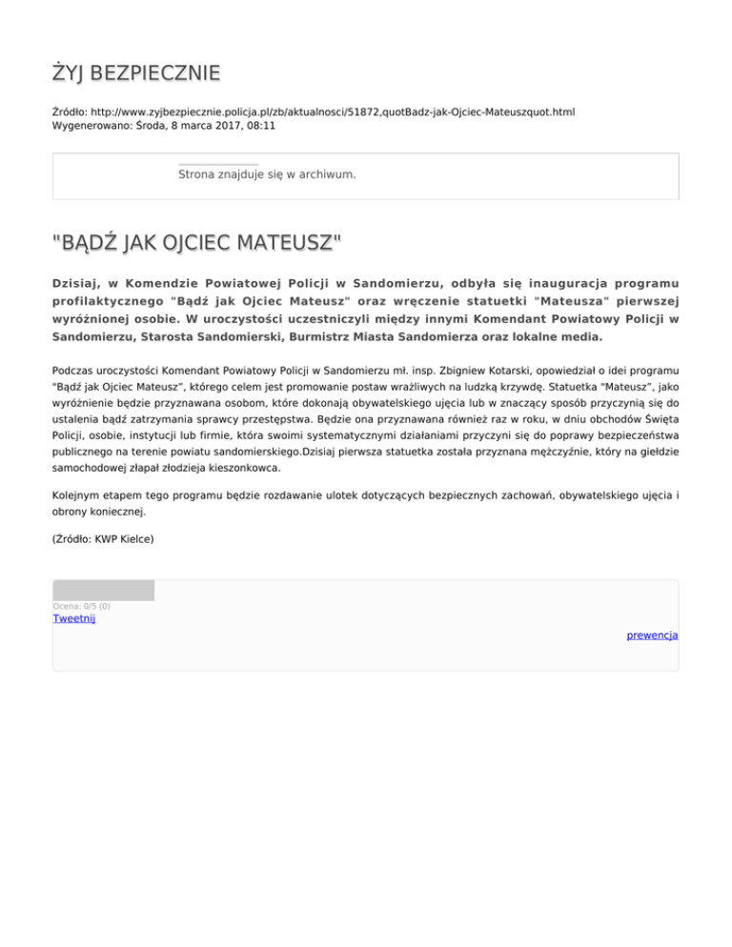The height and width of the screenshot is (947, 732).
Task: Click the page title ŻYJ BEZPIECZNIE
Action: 136,72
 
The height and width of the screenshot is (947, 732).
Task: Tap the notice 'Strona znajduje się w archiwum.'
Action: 267,175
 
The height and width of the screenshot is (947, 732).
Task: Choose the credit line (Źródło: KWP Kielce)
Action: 103,539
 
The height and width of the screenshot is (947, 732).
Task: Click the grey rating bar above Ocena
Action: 104,591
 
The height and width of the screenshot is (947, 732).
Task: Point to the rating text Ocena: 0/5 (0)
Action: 81,606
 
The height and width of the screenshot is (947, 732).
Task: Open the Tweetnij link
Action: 74,618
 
